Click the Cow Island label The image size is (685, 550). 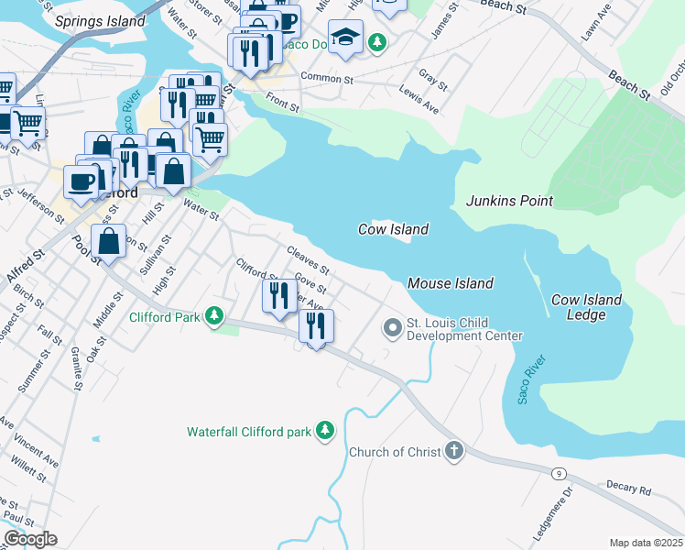coord(393,229)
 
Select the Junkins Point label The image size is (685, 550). coord(510,201)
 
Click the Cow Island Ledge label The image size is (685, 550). coord(586,307)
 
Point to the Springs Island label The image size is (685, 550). coord(100,20)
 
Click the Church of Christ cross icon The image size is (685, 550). coord(454,451)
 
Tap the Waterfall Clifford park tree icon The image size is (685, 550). coord(324,430)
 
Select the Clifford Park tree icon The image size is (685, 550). coord(214,317)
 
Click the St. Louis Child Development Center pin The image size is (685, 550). coord(393,327)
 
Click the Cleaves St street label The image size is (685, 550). coord(307,259)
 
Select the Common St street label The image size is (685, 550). coord(326,80)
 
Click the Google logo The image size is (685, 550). coord(29,538)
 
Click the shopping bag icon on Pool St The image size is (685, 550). coord(109,242)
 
